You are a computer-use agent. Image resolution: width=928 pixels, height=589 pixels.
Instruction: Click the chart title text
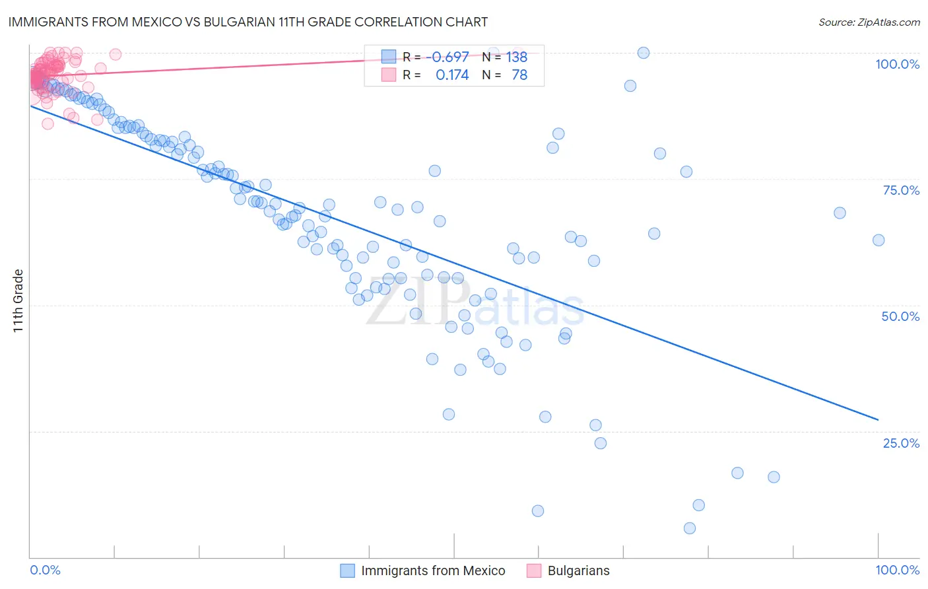coord(248,22)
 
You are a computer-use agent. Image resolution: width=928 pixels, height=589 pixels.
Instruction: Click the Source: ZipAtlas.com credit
coord(869,22)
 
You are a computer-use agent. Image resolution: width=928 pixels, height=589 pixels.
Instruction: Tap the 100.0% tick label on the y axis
coord(897,64)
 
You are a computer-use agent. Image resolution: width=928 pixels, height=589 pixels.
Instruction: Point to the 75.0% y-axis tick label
coord(901,190)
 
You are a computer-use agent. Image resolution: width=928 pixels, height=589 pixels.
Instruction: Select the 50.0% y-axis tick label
coord(900,316)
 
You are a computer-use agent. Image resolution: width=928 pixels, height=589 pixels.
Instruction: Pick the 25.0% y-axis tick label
coord(901,443)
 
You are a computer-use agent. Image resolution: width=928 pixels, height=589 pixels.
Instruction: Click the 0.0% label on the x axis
coord(45,570)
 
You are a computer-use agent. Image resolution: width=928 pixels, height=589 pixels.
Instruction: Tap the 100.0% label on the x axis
coord(897,570)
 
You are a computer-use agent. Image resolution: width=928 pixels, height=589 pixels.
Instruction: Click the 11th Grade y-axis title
coord(18,300)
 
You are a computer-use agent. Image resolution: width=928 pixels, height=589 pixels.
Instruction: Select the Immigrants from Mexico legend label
coord(433,571)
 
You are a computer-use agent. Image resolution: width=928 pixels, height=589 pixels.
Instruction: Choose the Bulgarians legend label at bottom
coord(578,571)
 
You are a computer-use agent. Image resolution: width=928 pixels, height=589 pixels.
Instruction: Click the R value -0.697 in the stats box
coord(447,57)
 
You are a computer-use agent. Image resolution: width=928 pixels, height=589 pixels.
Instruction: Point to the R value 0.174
coord(452,75)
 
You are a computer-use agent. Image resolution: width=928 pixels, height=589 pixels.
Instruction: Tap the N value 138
coord(517,57)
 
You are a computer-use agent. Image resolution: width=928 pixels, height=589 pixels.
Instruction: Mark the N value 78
coord(519,75)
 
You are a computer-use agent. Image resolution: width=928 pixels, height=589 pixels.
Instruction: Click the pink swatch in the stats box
coord(389,75)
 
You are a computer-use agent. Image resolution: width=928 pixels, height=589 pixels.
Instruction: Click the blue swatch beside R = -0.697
coord(389,57)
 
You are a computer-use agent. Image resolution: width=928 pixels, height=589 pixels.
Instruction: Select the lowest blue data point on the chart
coord(690,528)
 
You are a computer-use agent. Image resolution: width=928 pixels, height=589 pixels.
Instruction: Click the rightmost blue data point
coord(878,240)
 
